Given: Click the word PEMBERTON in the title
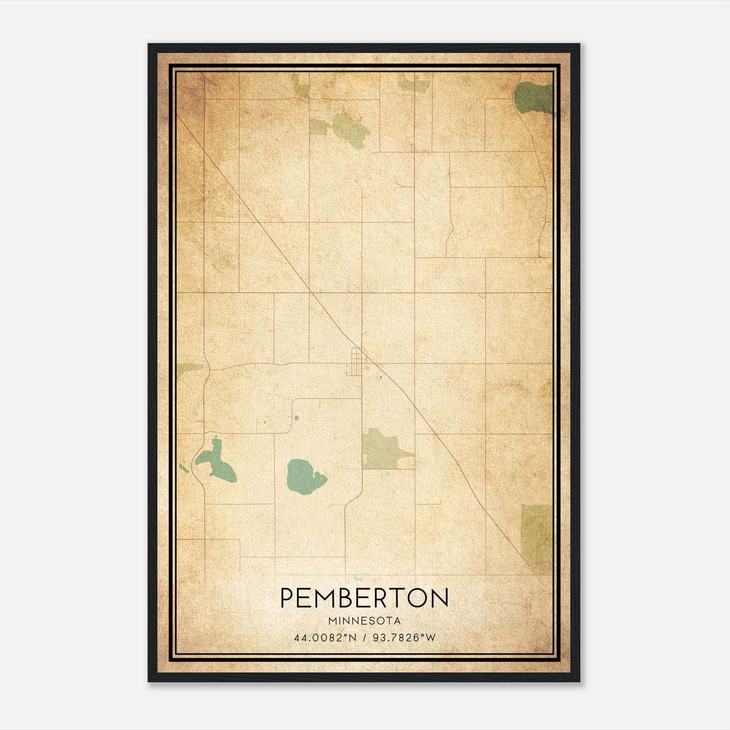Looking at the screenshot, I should [364, 598].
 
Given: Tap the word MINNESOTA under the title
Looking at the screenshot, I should [364, 621].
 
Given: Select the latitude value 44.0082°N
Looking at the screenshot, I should [325, 638].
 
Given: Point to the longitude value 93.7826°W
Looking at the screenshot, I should [404, 638].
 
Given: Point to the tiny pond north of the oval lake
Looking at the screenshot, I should [296, 417].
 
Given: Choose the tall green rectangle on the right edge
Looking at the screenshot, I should [537, 538].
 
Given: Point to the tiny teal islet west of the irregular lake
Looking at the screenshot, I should [183, 468].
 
